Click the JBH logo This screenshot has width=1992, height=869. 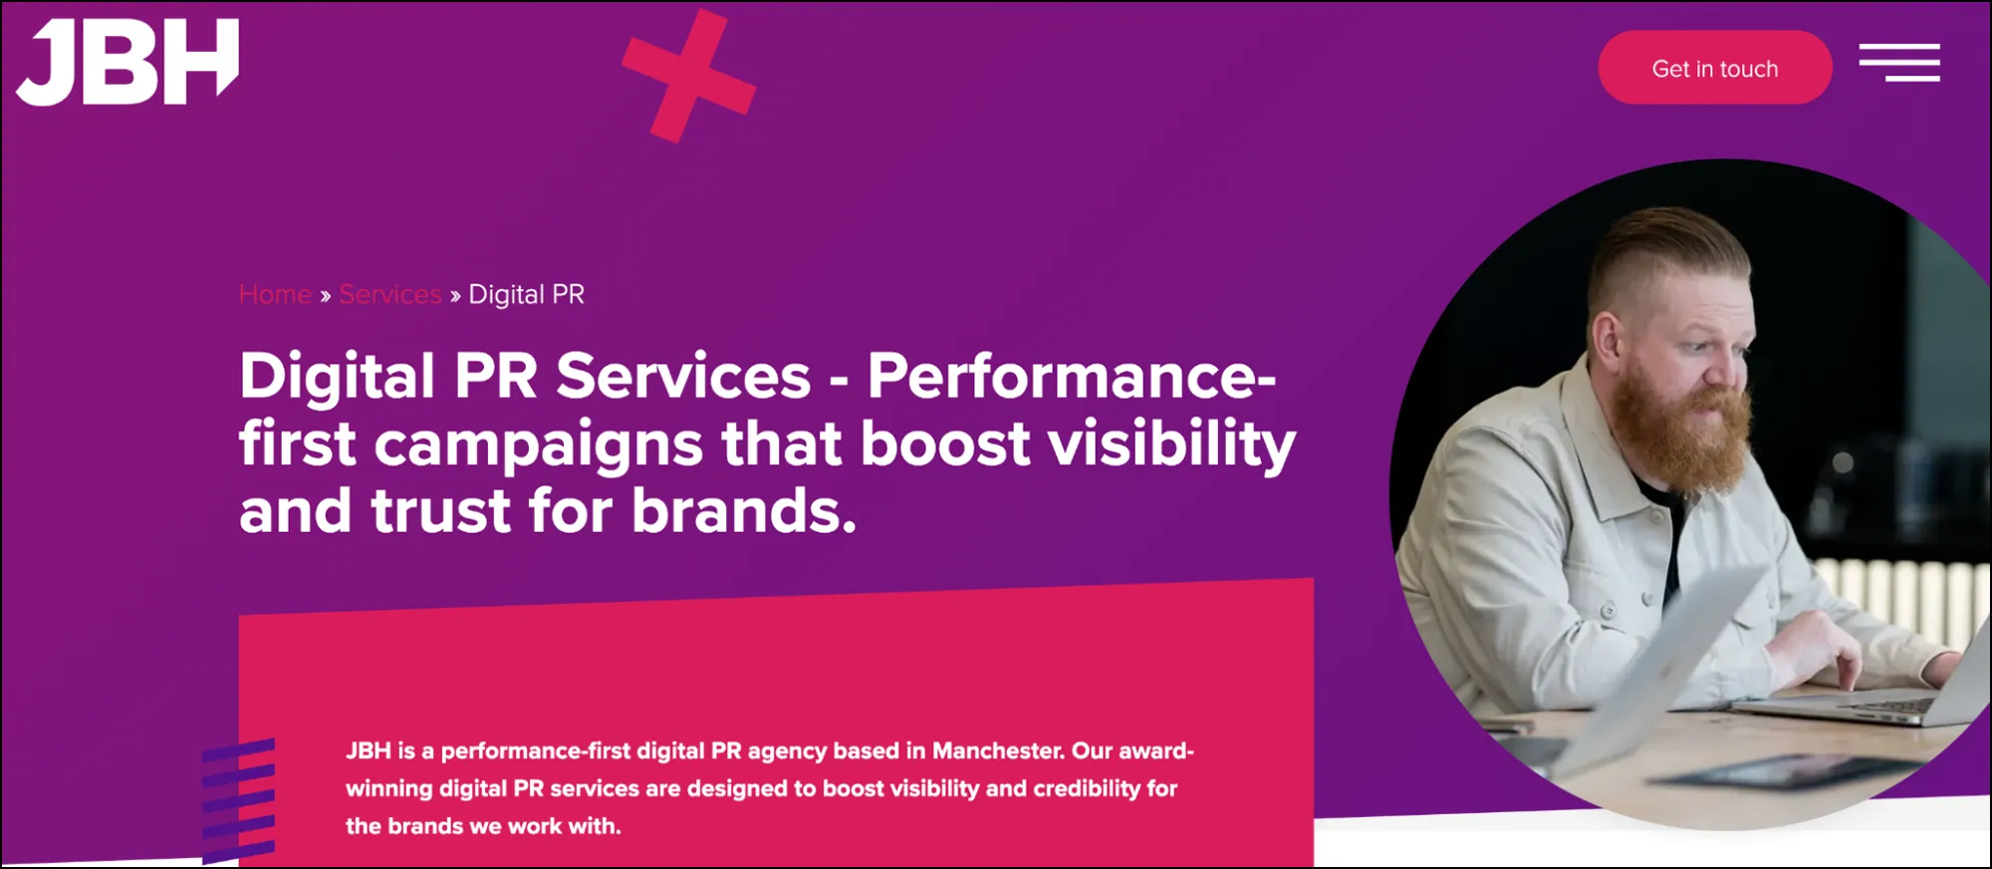[x=127, y=62]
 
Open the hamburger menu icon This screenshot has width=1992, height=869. [x=1898, y=62]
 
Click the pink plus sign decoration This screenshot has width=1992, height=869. [x=689, y=76]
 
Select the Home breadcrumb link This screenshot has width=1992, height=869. [x=275, y=295]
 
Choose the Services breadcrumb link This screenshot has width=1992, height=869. [x=389, y=295]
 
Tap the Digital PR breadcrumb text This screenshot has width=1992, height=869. [x=526, y=295]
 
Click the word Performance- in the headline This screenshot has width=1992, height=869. [x=1071, y=377]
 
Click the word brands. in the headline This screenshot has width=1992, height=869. [x=743, y=511]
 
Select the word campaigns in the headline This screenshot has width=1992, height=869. [x=538, y=443]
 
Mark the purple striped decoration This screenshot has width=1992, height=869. [x=238, y=800]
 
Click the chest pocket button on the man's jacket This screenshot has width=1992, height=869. [x=1607, y=609]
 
